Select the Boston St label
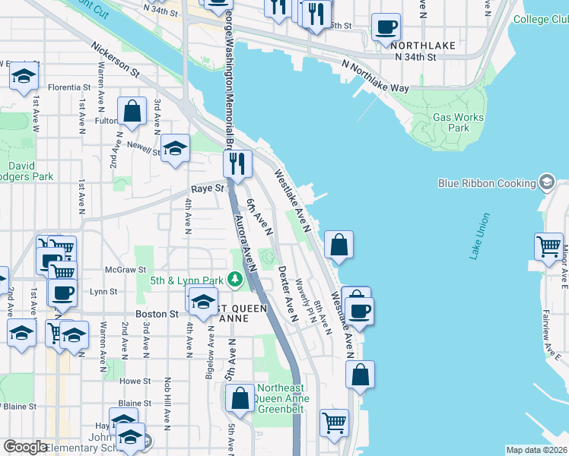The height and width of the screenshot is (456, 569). pos(156,313)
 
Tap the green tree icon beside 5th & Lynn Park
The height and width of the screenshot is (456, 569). pos(235,280)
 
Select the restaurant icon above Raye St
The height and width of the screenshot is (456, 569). pos(237,162)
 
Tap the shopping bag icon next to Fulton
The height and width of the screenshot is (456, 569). pos(132,110)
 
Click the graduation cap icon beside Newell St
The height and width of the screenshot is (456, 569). pos(175,147)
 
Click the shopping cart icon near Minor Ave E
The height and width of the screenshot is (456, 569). pos(548,245)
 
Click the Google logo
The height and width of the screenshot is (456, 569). pos(26,448)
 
